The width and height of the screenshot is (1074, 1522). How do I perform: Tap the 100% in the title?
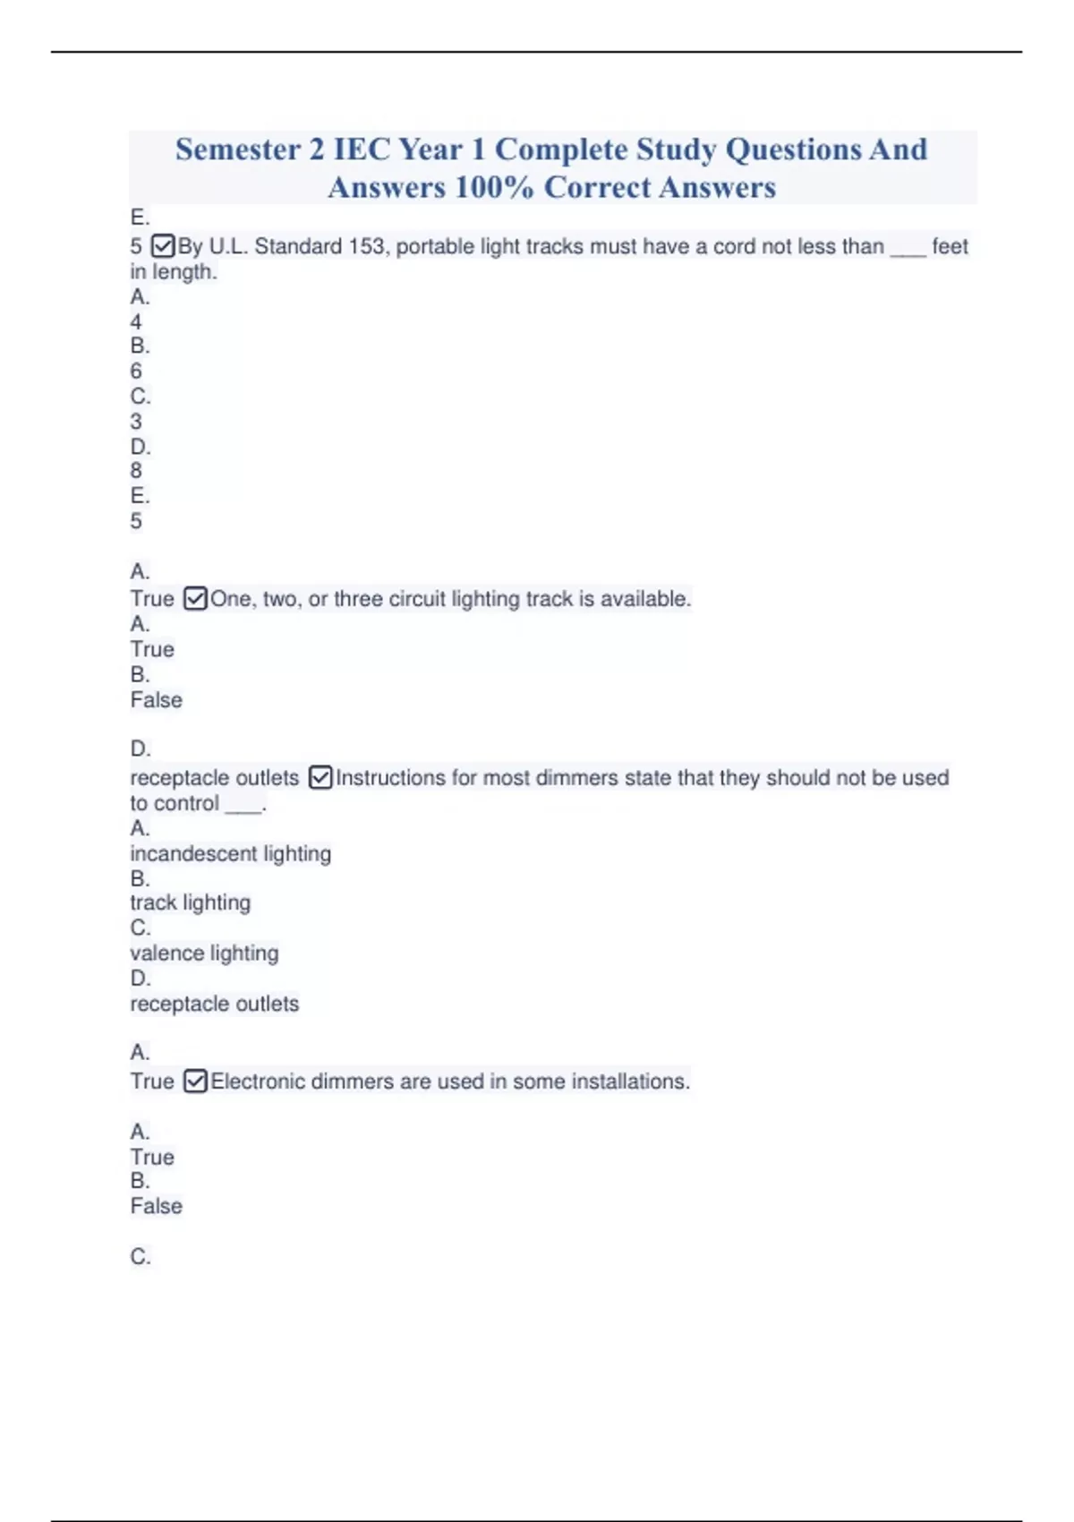tap(493, 188)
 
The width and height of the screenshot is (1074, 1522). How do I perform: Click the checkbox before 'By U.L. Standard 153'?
tap(163, 245)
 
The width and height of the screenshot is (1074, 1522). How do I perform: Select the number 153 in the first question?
tap(366, 246)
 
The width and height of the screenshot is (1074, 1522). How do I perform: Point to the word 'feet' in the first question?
tap(950, 246)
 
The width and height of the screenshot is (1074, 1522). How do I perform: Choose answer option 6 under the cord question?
tap(136, 371)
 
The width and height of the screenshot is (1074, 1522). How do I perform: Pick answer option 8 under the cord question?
tap(136, 470)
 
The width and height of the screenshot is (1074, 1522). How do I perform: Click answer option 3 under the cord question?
tap(136, 421)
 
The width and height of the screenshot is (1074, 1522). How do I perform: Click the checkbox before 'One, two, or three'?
tap(195, 598)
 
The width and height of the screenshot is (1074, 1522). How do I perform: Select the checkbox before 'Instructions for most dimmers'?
tap(320, 777)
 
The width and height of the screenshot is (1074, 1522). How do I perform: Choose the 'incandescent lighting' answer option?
tap(230, 854)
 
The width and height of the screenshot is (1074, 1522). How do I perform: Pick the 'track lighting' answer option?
tap(190, 902)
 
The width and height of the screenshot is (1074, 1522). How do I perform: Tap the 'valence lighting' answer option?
tap(204, 953)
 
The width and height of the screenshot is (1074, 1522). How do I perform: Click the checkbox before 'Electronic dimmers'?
tap(195, 1082)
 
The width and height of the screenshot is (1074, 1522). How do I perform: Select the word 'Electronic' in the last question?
tap(258, 1082)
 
